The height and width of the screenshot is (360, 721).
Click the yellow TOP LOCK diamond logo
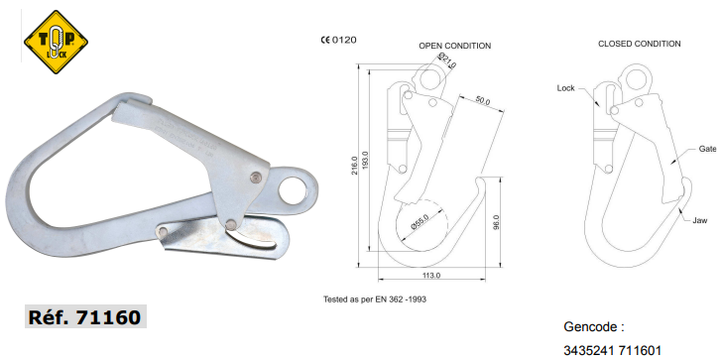pos(56,42)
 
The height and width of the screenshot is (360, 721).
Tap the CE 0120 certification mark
pos(338,40)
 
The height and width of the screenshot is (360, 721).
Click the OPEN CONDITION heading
pos(455,46)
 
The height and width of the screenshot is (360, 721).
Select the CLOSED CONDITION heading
pos(639,44)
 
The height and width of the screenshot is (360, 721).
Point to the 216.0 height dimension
pos(354,168)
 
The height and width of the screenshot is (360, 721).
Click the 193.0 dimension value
pos(366,162)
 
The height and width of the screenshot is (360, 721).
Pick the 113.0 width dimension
pos(431,276)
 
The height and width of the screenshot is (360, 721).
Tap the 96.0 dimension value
pos(496,222)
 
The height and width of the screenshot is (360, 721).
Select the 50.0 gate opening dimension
pos(482,101)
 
